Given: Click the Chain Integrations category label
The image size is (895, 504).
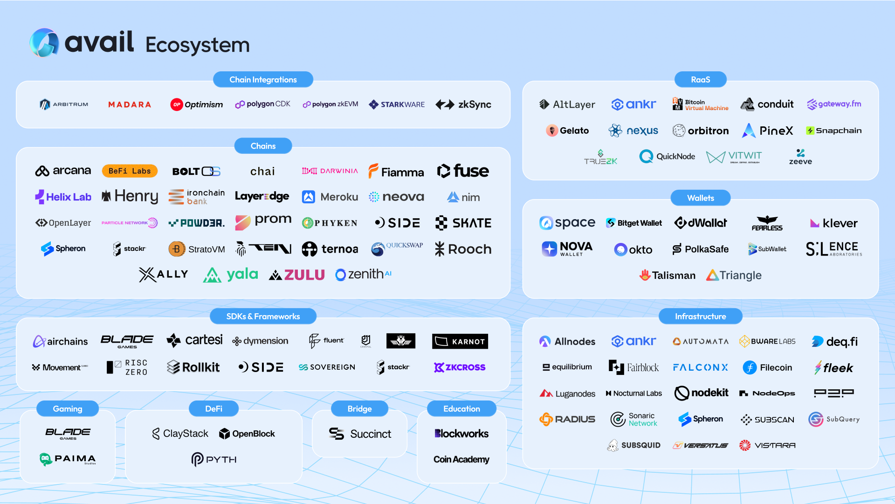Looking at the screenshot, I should click(263, 80).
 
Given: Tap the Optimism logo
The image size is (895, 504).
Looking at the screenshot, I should click(197, 104).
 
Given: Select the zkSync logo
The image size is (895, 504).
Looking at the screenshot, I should click(463, 104).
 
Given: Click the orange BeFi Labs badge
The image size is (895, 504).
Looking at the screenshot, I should click(130, 171).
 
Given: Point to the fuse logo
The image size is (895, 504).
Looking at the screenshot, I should click(463, 171).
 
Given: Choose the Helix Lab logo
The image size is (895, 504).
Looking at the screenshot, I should click(63, 197).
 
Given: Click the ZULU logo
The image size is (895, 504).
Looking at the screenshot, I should click(297, 275).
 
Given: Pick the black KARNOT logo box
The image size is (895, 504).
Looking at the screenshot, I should click(460, 341).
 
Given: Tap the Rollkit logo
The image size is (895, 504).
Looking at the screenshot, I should click(193, 367).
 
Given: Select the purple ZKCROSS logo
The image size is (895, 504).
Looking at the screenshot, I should click(460, 367).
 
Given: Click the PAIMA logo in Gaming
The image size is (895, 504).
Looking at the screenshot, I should click(68, 459).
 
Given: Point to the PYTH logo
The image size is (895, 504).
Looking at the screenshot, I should click(214, 460).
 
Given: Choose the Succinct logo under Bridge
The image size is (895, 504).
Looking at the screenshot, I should click(359, 434).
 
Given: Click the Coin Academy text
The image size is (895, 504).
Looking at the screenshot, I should click(461, 460).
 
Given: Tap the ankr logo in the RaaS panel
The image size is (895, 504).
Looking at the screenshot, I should click(633, 104).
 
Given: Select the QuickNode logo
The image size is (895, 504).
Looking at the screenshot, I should click(667, 157).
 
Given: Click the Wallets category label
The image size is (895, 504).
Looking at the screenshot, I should click(700, 198).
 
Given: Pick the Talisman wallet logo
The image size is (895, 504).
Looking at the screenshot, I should click(667, 276).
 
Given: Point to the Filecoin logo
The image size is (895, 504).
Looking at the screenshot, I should click(767, 367).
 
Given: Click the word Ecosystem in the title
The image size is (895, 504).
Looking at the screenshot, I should click(198, 45).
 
